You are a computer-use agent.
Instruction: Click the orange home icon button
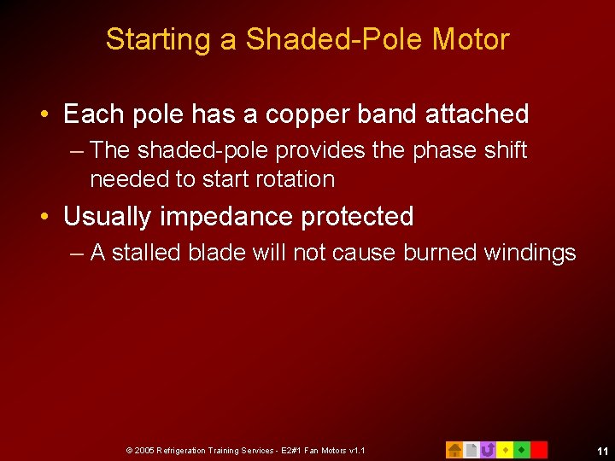(454, 449)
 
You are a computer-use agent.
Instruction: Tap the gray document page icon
(471, 449)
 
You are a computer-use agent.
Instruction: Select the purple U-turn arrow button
(488, 449)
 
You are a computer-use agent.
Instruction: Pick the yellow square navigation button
(505, 449)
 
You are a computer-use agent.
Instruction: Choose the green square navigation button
(522, 449)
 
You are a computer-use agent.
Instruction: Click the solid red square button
(539, 449)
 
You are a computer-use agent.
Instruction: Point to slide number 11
(602, 450)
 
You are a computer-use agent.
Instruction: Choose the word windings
(530, 253)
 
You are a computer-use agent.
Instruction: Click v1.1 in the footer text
(355, 450)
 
